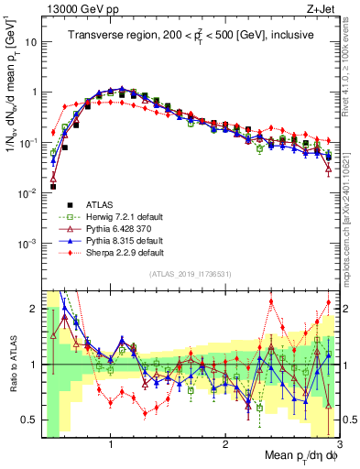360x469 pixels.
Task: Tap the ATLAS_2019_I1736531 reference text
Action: (190, 275)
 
